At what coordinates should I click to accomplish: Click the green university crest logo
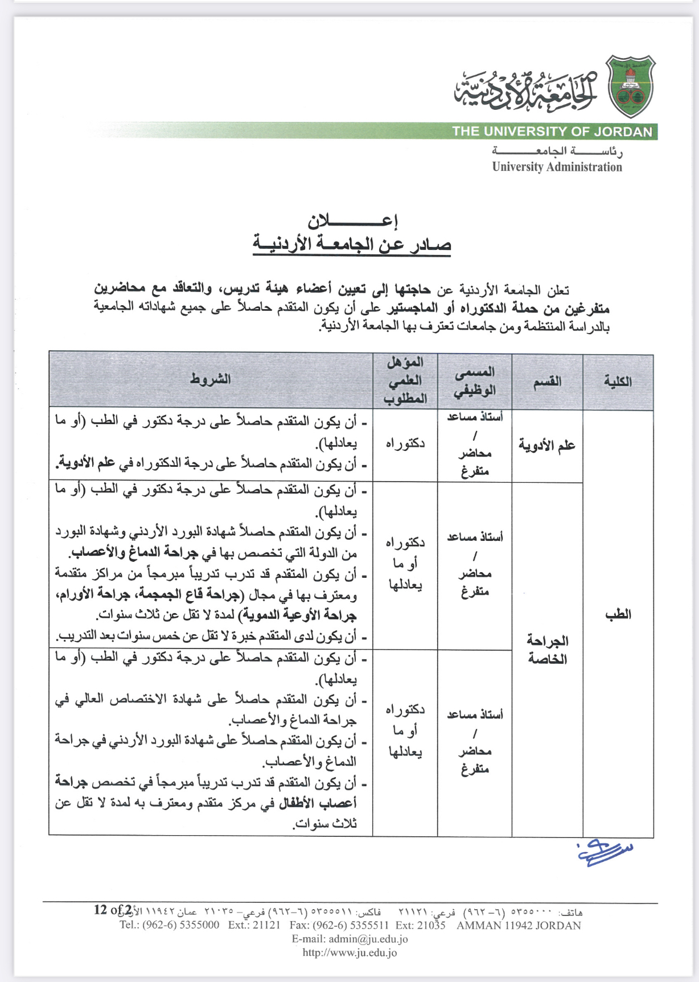point(631,86)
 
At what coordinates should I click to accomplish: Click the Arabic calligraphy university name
point(526,91)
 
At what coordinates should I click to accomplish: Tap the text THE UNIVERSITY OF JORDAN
point(552,132)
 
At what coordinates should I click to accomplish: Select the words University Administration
point(557,167)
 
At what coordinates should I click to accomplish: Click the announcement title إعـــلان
point(352,220)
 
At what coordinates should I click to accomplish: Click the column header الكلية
point(618,381)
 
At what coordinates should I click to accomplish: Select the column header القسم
point(547,381)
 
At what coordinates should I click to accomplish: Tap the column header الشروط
point(211,379)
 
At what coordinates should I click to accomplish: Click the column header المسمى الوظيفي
point(475,381)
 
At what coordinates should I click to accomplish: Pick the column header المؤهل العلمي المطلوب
point(405,380)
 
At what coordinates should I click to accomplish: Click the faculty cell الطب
point(618,614)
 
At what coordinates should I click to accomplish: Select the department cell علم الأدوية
point(547,445)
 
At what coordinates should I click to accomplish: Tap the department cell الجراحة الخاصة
point(547,650)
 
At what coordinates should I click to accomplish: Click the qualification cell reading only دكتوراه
point(405,443)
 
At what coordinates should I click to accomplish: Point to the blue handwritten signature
point(605,852)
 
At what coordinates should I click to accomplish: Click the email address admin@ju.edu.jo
point(350,939)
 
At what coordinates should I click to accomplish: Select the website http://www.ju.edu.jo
point(350,952)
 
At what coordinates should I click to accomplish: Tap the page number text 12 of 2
point(113,910)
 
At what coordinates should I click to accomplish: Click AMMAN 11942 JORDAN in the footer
point(519,926)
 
